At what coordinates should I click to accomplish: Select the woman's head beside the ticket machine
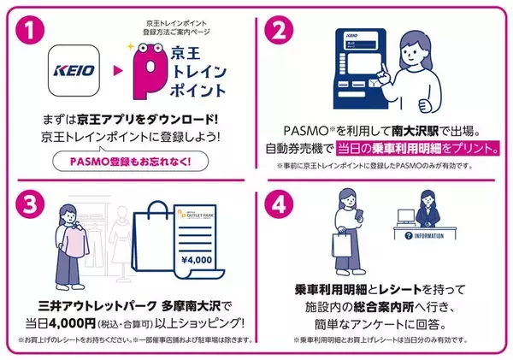[426, 44]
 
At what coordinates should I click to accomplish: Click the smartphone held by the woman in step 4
[363, 210]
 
